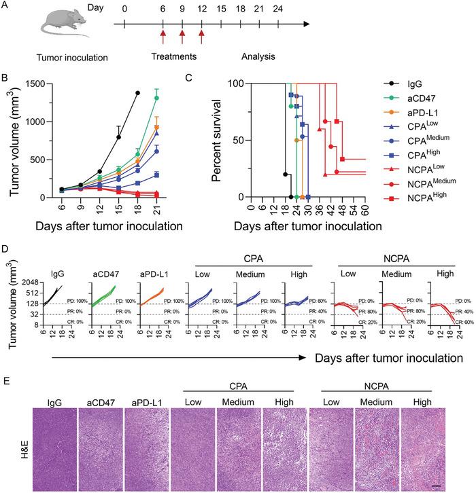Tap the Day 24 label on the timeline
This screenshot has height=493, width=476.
click(x=277, y=10)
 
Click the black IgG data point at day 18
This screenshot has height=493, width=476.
click(x=137, y=92)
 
